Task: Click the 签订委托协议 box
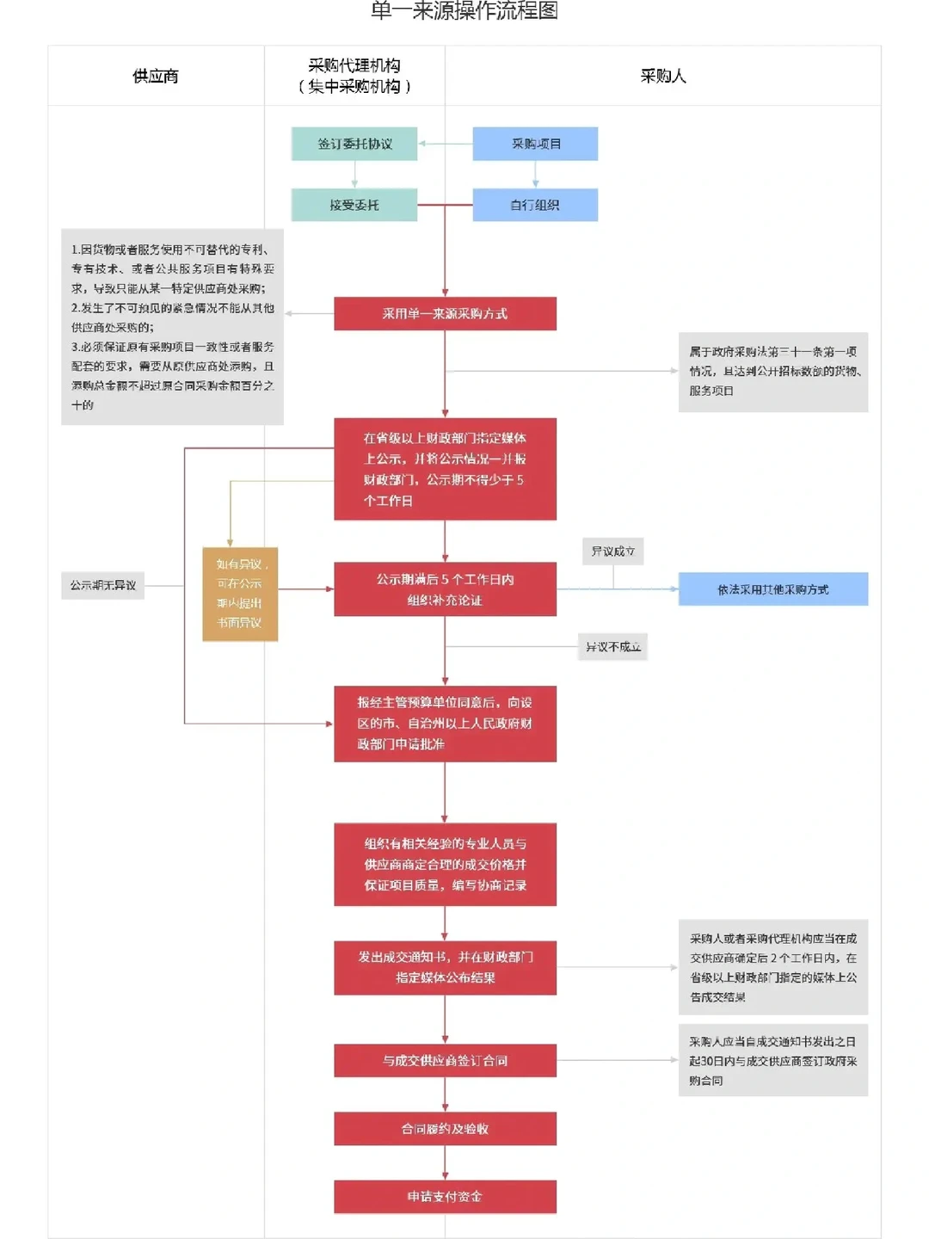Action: coord(354,144)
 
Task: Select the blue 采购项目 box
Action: coord(535,144)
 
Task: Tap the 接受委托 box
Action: coord(354,205)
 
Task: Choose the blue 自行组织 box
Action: coord(535,205)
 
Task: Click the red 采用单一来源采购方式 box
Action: coord(445,314)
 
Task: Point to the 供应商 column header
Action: coord(156,77)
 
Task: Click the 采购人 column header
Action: coord(662,77)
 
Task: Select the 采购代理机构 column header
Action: coord(354,76)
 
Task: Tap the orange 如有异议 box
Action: coord(240,594)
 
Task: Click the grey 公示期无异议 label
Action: coord(103,585)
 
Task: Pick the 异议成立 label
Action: coord(612,552)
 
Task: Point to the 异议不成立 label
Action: coord(612,647)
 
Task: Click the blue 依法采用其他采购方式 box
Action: coord(772,589)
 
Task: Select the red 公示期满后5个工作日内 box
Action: coord(445,589)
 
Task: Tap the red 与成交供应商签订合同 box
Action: coord(445,1061)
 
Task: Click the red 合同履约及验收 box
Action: coord(445,1129)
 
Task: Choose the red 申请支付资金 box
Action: coord(445,1197)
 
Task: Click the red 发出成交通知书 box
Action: coord(445,967)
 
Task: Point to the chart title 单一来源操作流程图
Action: coord(464,11)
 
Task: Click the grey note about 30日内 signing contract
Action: coord(772,1060)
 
